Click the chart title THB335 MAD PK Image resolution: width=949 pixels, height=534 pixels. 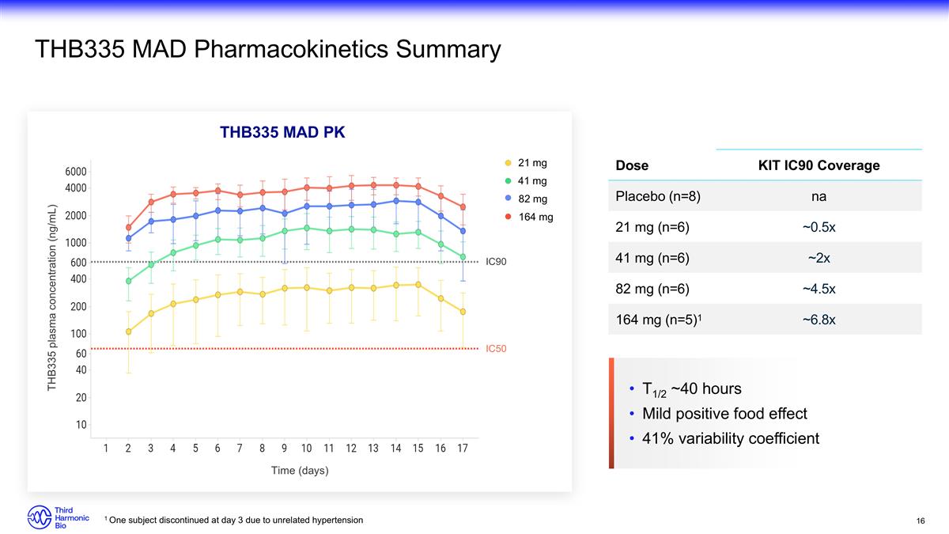point(282,132)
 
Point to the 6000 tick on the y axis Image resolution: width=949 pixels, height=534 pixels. point(76,172)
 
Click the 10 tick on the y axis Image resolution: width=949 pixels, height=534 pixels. point(81,425)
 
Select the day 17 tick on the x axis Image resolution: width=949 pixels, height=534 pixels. point(463,449)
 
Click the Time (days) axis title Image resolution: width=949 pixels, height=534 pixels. point(300,471)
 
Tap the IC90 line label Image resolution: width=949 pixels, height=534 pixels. point(496,261)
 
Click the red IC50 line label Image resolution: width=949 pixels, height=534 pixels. point(496,348)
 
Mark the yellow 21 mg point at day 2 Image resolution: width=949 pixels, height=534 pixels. point(128,331)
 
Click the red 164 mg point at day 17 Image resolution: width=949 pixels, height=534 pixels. point(463,207)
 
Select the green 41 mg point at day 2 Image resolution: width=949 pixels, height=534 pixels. point(128,281)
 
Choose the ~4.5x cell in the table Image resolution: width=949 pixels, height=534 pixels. point(819,288)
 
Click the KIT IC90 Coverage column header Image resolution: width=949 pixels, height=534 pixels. point(819,165)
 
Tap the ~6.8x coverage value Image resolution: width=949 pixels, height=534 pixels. point(819,320)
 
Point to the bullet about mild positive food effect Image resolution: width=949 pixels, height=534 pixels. point(724,414)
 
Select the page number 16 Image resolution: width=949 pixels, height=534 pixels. point(921,521)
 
